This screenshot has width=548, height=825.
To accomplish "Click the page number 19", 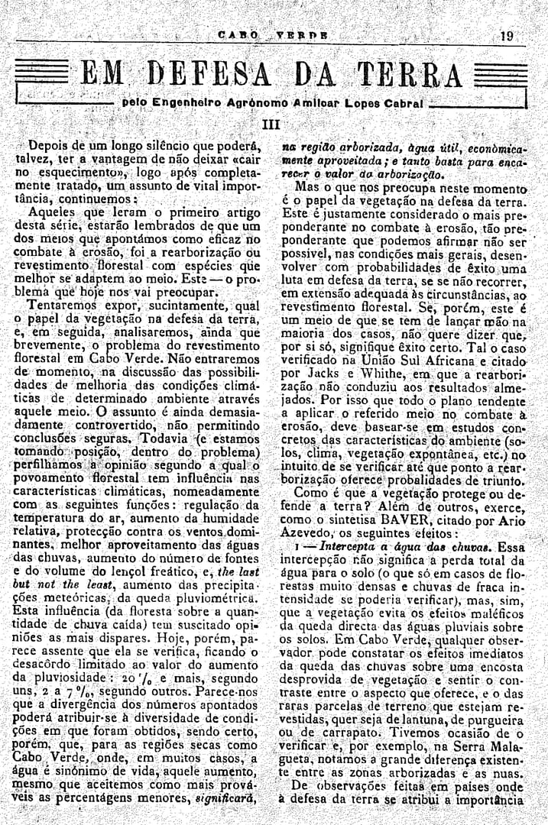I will coord(507,35).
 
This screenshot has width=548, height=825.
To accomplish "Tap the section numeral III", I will coord(273,124).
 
